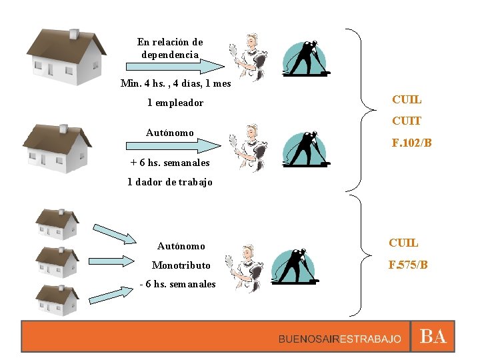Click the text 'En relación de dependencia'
click(170, 48)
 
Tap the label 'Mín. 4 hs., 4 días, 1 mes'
click(175, 84)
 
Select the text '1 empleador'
click(175, 103)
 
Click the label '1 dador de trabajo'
click(170, 182)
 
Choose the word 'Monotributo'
click(181, 265)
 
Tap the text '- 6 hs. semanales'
click(178, 284)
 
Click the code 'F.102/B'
click(413, 143)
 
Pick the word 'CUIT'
click(407, 121)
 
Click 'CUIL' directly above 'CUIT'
click(407, 100)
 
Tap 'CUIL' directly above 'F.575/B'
click(405, 243)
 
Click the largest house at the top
click(66, 57)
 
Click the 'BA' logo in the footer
click(433, 337)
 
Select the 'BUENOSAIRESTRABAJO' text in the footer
click(340, 339)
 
